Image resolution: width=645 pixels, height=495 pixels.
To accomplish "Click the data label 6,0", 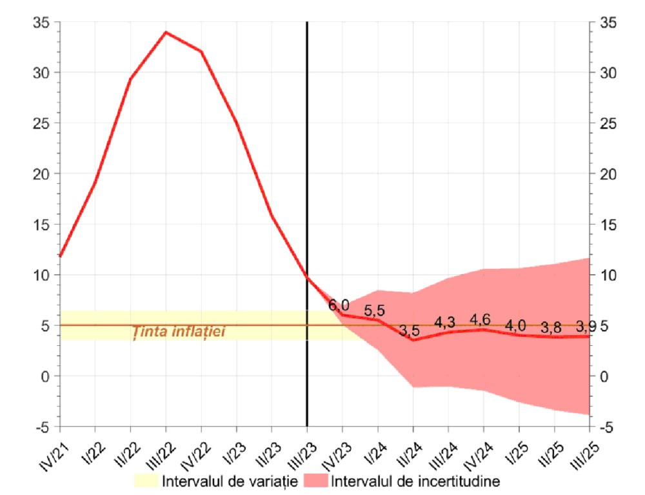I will point(339,305).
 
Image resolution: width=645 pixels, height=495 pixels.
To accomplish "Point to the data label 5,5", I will point(374,310).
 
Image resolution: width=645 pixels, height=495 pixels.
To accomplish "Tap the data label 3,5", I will point(409,331).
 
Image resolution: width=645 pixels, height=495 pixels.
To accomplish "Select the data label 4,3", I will point(444,322).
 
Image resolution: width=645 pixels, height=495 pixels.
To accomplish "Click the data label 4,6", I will point(480,319).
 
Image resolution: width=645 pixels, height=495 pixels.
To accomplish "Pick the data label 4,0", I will point(515,325).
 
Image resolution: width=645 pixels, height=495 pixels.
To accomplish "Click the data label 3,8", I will point(551,327).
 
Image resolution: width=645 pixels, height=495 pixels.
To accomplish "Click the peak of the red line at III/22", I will point(166,32).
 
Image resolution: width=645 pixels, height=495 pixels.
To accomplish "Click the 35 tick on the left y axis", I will point(42,23).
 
